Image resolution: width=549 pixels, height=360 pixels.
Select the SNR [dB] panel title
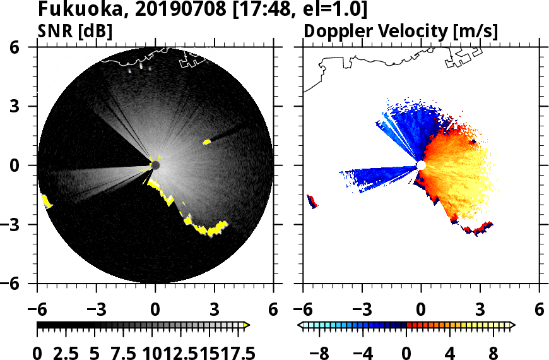coord(75,31)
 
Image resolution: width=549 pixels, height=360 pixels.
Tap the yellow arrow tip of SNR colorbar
coord(247,325)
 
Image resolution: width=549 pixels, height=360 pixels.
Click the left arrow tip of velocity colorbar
coord(301,325)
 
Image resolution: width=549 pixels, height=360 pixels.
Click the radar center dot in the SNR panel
coord(155,165)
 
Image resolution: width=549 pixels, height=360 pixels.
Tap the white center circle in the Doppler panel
coord(421,165)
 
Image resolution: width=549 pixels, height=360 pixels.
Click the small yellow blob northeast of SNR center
coord(206,142)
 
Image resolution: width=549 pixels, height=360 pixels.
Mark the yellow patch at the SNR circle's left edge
coord(46,201)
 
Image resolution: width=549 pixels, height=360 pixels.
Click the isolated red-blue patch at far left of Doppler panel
coord(312,201)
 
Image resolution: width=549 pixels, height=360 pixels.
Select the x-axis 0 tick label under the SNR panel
coord(155,310)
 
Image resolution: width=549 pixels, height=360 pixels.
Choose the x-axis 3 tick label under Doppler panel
coord(480,310)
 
